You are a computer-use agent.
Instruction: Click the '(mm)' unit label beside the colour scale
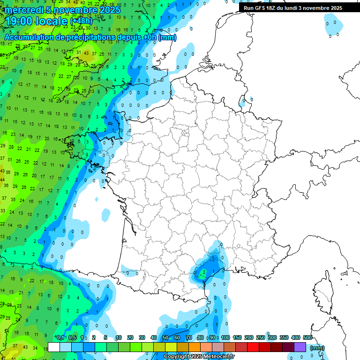pos(317,348)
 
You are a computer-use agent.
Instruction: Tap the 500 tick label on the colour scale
pos(307,337)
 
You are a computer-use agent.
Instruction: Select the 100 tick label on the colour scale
pos(225,337)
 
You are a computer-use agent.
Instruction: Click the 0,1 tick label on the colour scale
pos(60,337)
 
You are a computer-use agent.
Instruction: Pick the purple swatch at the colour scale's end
pos(300,347)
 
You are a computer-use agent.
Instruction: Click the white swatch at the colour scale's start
pos(54,347)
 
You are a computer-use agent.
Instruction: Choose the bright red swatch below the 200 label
pos(253,347)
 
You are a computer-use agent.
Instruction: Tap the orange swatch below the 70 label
pos(195,347)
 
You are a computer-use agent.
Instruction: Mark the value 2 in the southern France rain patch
pos(203,271)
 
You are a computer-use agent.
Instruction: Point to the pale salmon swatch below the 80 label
pos(206,347)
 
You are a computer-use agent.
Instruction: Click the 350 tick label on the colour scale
pos(284,337)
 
